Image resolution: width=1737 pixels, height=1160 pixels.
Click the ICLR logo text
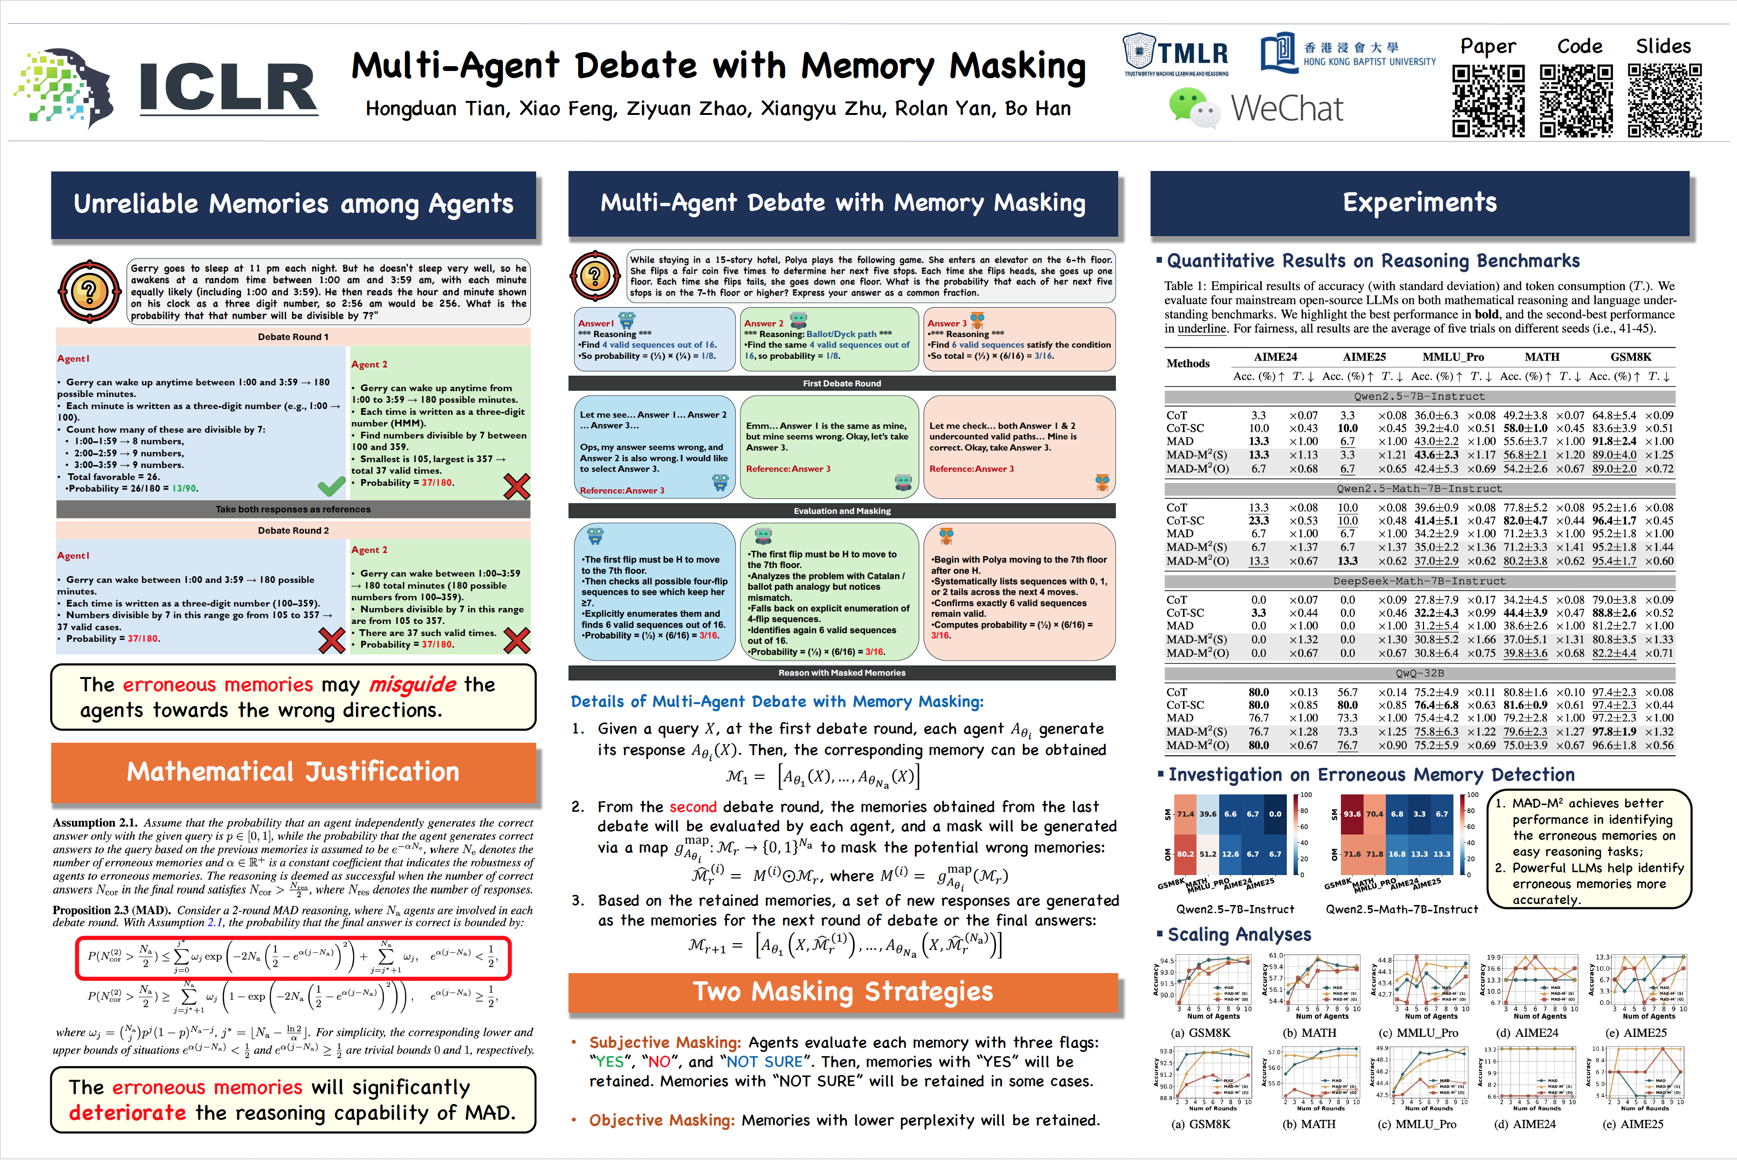pos(228,87)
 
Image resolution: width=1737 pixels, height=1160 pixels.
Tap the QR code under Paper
pos(1488,100)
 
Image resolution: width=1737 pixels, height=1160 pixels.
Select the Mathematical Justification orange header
pos(293,772)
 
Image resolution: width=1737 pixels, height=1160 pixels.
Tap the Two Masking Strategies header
pos(842,992)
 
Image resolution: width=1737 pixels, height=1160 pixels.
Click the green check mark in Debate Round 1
pos(331,486)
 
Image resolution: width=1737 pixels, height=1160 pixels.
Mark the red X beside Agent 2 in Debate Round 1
pos(516,486)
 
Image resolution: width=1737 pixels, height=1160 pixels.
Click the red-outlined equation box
pos(293,957)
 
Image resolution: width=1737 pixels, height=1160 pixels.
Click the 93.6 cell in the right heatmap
pos(1352,814)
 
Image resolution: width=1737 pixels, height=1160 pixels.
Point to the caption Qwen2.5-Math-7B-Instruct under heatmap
pos(1401,909)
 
